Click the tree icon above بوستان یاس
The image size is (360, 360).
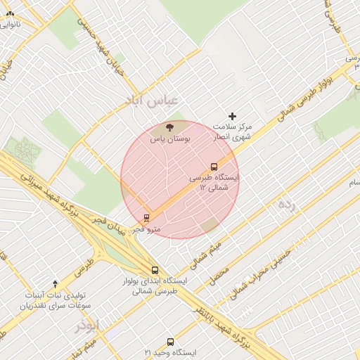pos(169,128)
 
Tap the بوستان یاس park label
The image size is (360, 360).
pos(170,140)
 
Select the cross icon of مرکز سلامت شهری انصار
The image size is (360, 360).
pos(233,116)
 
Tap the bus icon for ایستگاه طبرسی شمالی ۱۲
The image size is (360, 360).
pos(214,167)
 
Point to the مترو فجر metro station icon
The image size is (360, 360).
pos(146,218)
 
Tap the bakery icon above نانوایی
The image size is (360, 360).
pos(10,13)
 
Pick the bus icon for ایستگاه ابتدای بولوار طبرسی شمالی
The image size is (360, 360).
pos(155,270)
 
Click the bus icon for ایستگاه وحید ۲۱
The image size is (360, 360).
pos(170,342)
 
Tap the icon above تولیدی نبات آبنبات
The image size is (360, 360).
pos(55,283)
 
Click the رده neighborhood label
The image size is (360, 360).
pos(285,204)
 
